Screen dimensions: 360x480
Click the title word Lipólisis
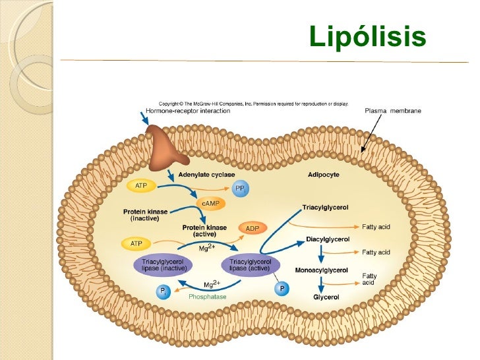tap(367, 37)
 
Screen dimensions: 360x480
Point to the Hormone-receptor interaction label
tap(188, 111)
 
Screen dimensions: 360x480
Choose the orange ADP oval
tap(252, 228)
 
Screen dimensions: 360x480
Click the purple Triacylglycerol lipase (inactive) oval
tap(163, 265)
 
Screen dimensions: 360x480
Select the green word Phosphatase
tap(207, 297)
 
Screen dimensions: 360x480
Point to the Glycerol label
tap(326, 297)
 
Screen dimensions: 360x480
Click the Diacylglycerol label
tap(328, 239)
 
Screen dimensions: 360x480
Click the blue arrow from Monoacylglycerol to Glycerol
tap(321, 284)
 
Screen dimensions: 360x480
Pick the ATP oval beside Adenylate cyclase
tap(141, 187)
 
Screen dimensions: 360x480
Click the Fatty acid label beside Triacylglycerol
tap(376, 227)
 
